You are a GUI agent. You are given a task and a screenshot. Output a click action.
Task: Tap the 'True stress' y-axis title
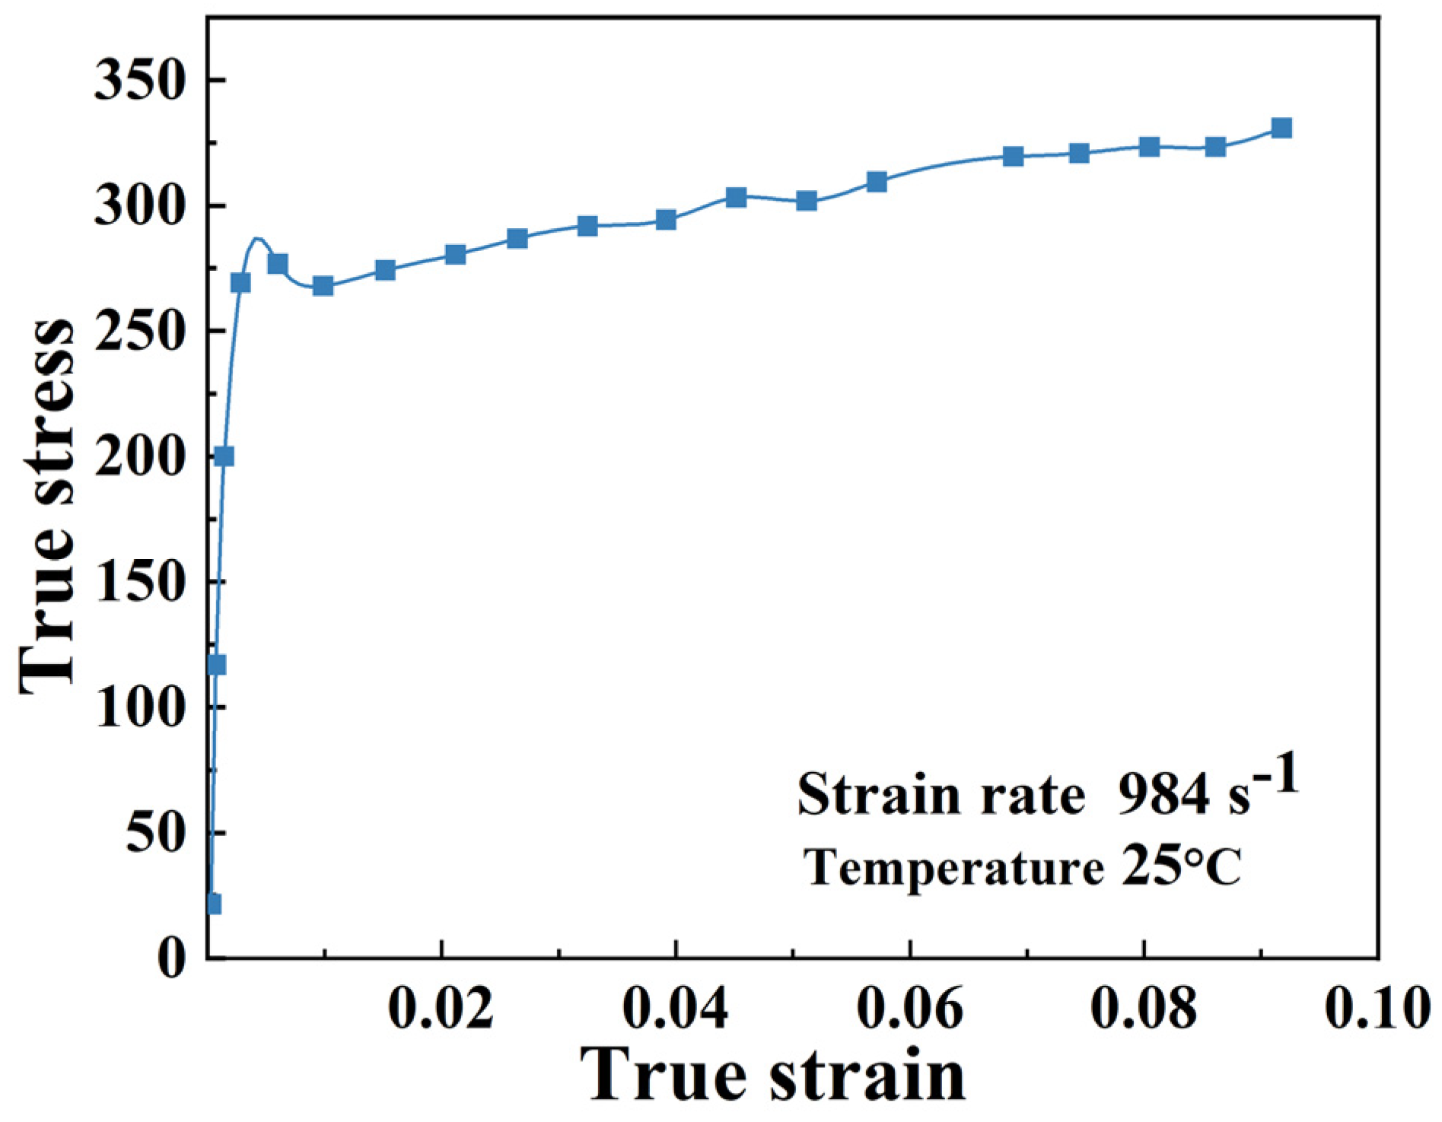[47, 506]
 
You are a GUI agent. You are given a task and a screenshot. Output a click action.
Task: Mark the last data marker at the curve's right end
[1281, 128]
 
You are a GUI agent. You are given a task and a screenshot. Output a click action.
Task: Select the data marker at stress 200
[224, 456]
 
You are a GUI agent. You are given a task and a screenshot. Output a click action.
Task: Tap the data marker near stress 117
[216, 666]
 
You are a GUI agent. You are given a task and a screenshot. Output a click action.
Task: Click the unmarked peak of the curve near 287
[257, 239]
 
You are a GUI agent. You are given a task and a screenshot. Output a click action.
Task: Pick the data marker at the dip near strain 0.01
[323, 286]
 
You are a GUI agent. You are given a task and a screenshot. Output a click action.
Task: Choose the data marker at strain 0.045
[736, 198]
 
